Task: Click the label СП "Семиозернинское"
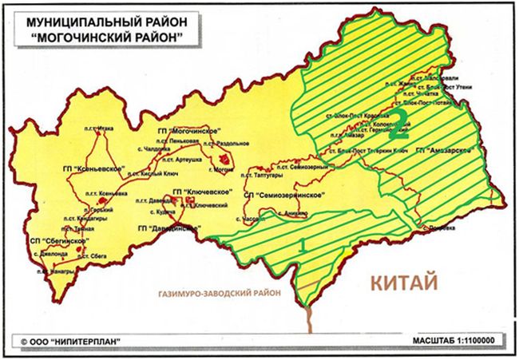(x=289, y=196)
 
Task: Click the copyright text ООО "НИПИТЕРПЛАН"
(x=76, y=341)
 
